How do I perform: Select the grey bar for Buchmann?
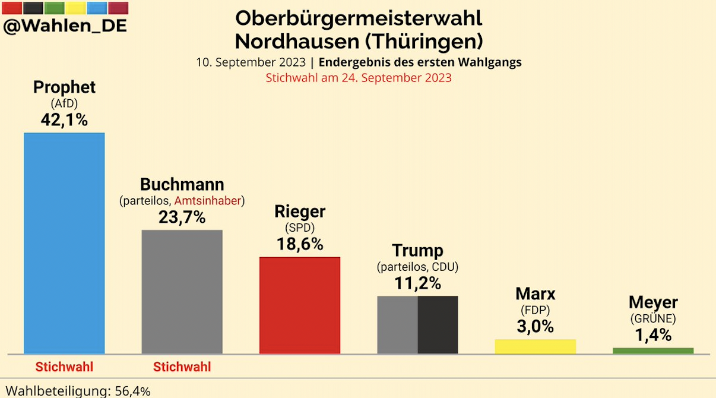click(182, 291)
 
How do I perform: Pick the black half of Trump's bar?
click(438, 324)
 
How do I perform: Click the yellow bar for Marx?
click(535, 346)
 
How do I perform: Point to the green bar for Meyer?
click(653, 350)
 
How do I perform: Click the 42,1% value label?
click(64, 119)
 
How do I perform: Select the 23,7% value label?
click(182, 217)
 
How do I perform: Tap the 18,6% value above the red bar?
click(300, 244)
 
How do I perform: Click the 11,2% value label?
click(417, 283)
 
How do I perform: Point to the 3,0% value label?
click(535, 326)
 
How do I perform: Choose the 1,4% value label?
click(653, 335)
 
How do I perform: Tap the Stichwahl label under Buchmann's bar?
click(182, 367)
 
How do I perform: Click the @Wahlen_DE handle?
click(65, 26)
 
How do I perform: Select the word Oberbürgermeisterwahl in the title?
click(359, 18)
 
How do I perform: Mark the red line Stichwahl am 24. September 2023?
click(359, 78)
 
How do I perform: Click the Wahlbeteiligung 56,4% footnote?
click(78, 391)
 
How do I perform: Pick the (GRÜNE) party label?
click(653, 318)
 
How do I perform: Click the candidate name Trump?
click(417, 250)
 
